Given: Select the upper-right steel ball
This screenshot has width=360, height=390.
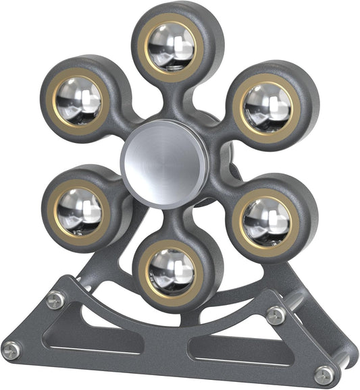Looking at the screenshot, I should [x=267, y=107].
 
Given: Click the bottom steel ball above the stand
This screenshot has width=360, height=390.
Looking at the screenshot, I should [x=172, y=271].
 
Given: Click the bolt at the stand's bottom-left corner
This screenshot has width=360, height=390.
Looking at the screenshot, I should [x=11, y=349].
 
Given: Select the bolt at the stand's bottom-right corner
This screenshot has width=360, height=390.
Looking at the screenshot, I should [x=324, y=374].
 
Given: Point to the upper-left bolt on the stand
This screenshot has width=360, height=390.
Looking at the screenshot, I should [x=55, y=299].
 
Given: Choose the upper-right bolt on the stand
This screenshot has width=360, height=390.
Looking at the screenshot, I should [x=276, y=314].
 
